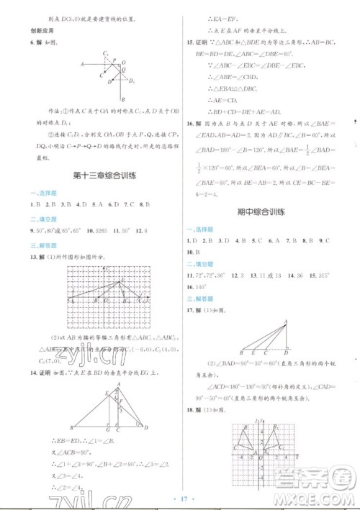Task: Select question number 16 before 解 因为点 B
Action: click(188, 124)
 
